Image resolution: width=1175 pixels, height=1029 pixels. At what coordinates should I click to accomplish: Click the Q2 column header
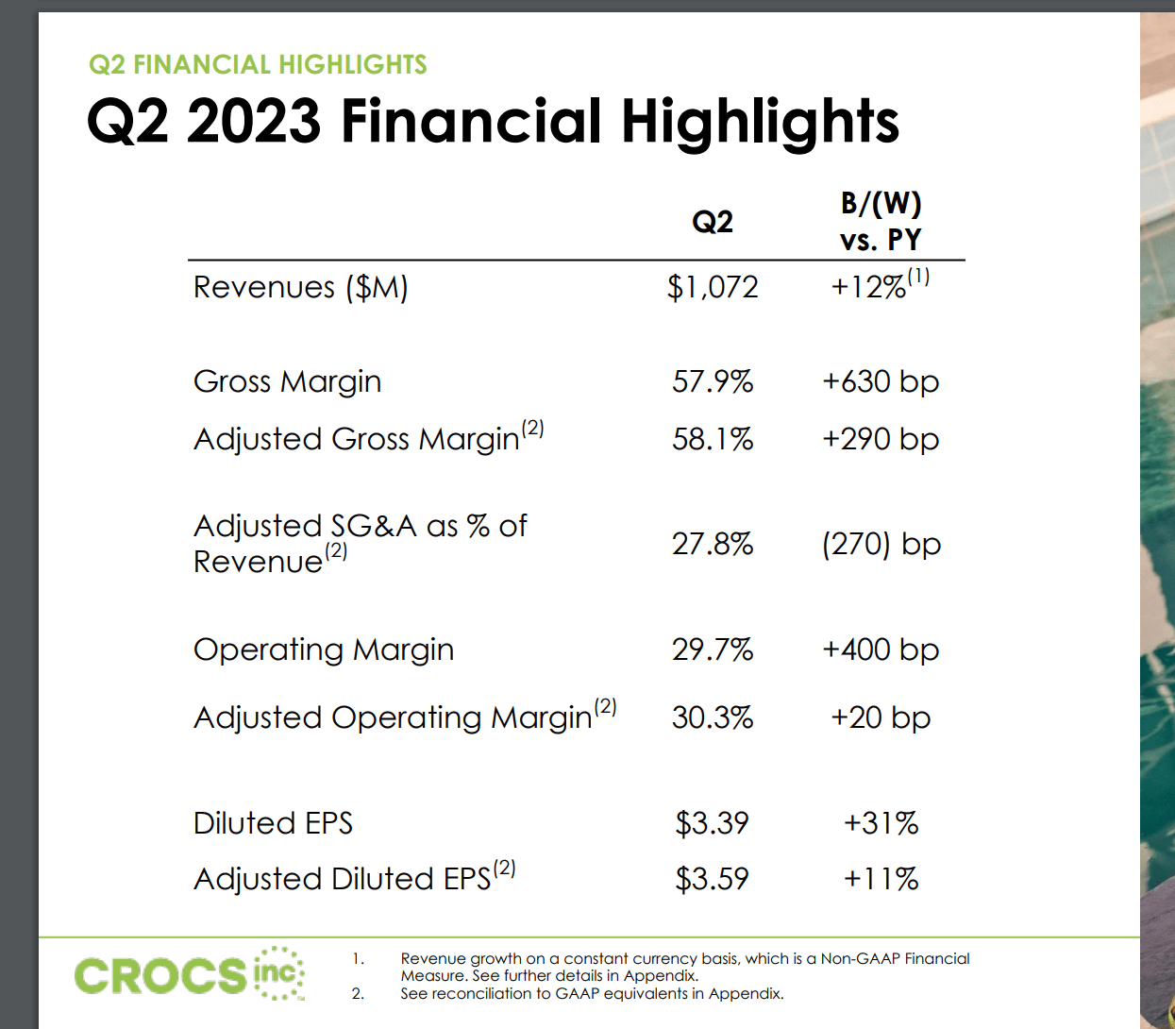(x=713, y=222)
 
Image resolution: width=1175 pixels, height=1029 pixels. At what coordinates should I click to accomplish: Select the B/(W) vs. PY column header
(x=881, y=222)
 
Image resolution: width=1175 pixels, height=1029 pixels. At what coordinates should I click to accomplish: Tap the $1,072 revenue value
(x=713, y=287)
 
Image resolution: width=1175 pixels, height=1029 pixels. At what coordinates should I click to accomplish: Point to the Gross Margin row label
(x=287, y=381)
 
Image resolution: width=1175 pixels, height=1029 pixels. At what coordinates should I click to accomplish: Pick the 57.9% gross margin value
(x=713, y=381)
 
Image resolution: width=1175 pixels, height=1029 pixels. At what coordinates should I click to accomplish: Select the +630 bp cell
(x=881, y=381)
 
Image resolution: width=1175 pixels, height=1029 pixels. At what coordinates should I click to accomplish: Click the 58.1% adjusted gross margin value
(x=713, y=439)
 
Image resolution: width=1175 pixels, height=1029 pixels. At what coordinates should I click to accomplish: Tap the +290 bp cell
(x=881, y=439)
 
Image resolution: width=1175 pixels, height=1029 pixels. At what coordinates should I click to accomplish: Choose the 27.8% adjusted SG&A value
(x=713, y=544)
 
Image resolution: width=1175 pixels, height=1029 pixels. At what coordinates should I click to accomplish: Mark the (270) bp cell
(x=881, y=544)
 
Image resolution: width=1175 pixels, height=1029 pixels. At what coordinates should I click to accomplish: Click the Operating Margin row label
(x=324, y=649)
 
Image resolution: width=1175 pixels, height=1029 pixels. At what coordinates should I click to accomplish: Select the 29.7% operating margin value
(x=713, y=649)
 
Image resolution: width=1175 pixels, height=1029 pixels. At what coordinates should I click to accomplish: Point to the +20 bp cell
(x=881, y=717)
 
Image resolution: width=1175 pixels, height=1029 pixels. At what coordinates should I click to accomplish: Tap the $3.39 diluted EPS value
(x=712, y=823)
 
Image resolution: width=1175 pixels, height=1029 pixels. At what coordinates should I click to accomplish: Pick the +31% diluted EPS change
(x=881, y=823)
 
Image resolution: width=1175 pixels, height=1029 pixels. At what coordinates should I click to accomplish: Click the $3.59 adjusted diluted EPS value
(x=712, y=879)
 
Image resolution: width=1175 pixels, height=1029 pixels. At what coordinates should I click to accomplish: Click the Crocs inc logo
(x=189, y=974)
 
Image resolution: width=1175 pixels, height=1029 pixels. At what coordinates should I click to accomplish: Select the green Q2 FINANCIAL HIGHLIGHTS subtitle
(x=258, y=64)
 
